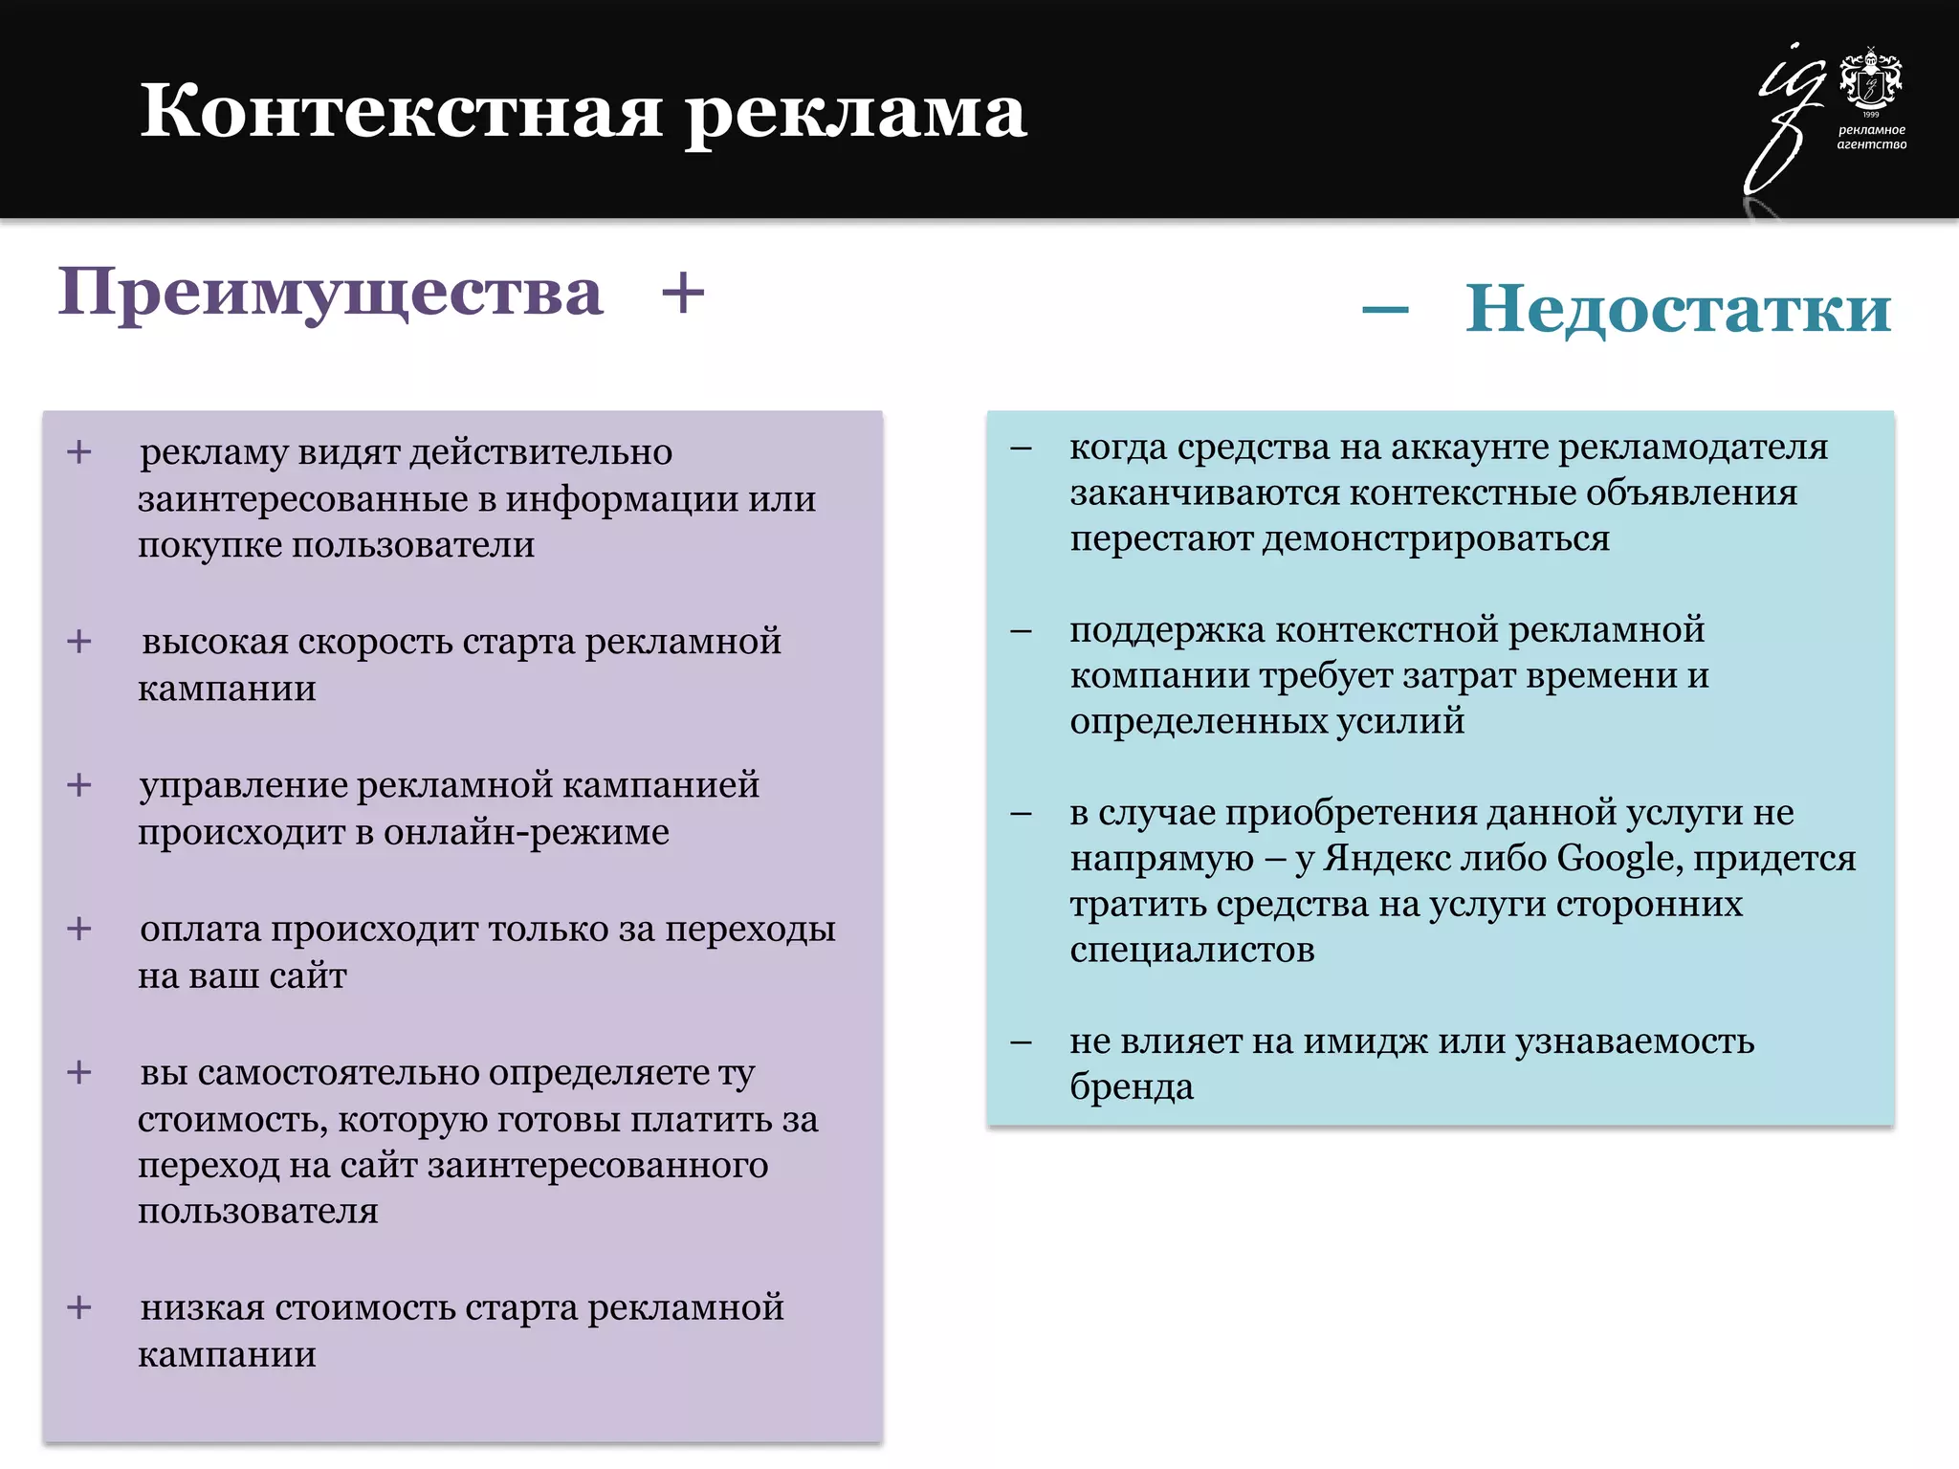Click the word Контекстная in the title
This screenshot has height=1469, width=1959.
coord(402,112)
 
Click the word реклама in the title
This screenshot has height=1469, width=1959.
coord(856,112)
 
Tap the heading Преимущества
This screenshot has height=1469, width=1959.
coord(331,293)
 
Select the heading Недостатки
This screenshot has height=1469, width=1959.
coord(1678,309)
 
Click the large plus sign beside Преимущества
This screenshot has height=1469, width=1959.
coord(683,293)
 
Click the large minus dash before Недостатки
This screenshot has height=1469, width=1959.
coord(1385,309)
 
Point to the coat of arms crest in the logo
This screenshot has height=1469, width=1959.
coord(1871,80)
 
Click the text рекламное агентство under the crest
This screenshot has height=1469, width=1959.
coord(1871,137)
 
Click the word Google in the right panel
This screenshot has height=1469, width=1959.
coord(1618,858)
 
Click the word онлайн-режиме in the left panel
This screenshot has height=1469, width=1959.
coord(526,832)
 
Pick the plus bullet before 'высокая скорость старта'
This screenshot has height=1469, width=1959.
coord(79,641)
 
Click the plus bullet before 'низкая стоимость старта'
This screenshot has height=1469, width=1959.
coord(79,1306)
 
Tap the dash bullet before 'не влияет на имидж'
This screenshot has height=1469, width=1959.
coord(1021,1041)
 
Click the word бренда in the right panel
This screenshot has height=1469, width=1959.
coord(1132,1086)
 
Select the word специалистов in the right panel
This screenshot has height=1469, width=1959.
coord(1192,950)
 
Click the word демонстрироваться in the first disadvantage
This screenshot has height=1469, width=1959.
coord(1437,538)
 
